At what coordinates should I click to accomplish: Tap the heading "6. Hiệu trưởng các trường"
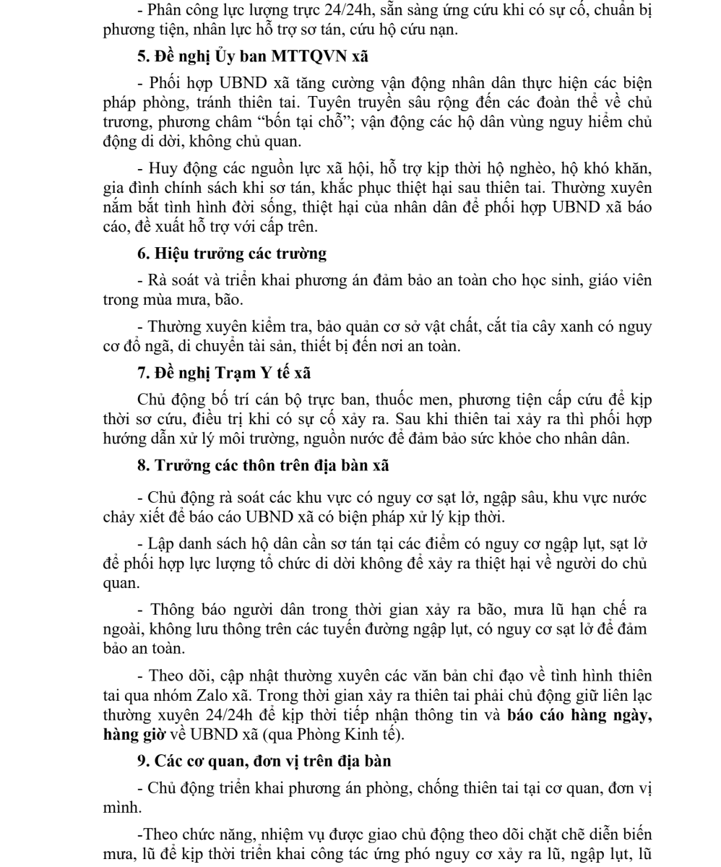(x=232, y=254)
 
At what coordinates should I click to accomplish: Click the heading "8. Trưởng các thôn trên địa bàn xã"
(x=263, y=466)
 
